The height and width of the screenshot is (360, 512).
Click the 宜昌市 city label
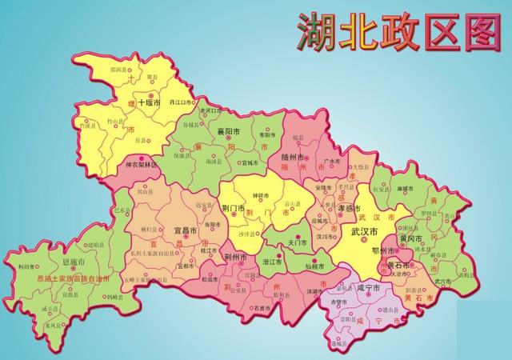point(186,230)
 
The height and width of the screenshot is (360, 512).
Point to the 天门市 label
point(297,242)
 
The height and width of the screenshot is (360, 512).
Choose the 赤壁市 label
point(339,303)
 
